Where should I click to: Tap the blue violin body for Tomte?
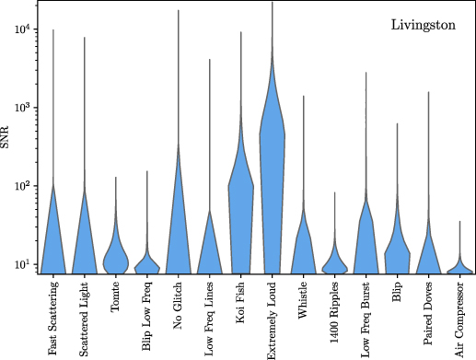point(116,253)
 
